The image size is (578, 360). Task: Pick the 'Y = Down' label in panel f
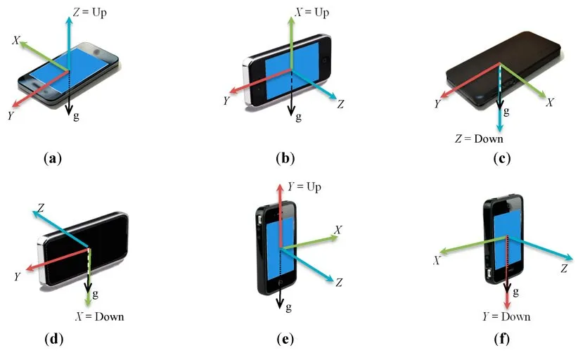point(506,316)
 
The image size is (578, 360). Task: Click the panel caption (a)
point(53,159)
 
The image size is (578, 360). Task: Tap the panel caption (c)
point(501,159)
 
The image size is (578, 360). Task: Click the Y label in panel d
point(16,276)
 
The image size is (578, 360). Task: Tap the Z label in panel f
point(564,268)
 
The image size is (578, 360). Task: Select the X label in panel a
point(15,41)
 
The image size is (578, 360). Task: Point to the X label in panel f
point(437,259)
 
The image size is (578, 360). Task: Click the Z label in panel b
point(340,104)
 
